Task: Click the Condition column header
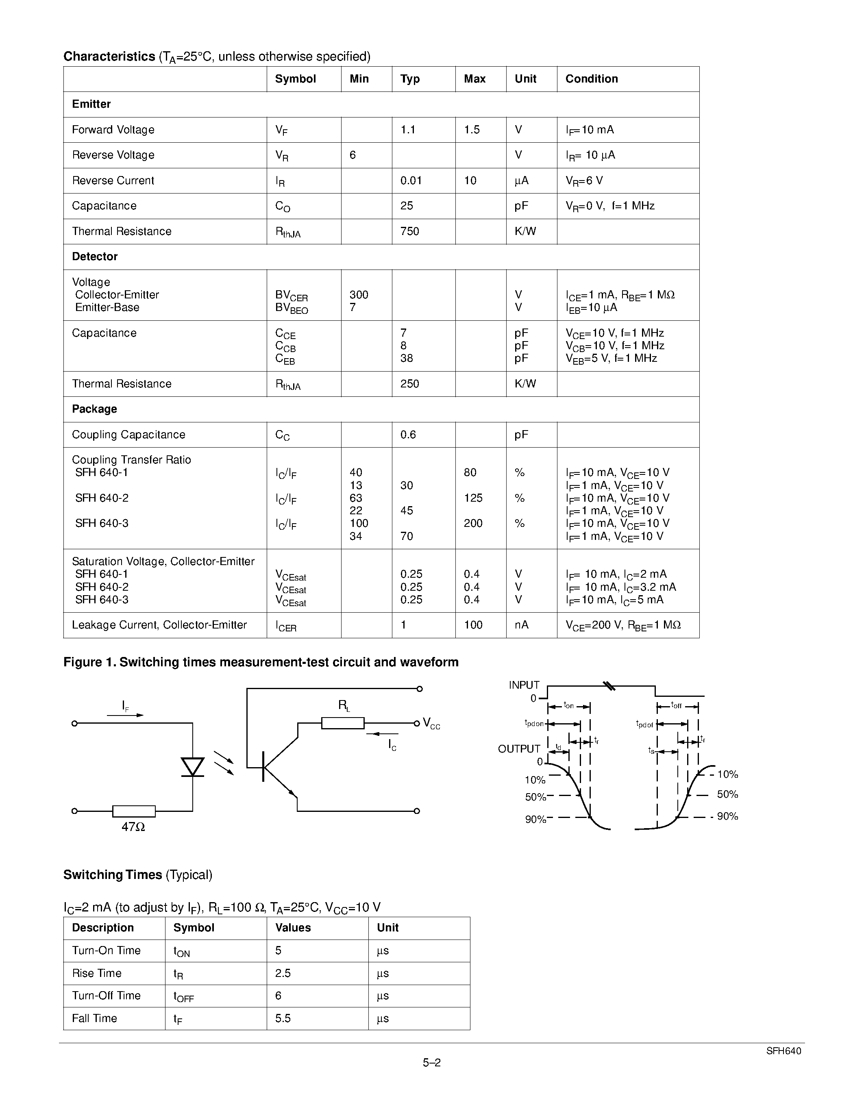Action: pyautogui.click(x=591, y=79)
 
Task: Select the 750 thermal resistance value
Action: pyautogui.click(x=409, y=231)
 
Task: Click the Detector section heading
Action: pyautogui.click(x=95, y=257)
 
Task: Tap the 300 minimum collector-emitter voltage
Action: pyautogui.click(x=359, y=295)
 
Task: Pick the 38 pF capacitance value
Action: pyautogui.click(x=407, y=358)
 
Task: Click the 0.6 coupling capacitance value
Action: pyautogui.click(x=408, y=435)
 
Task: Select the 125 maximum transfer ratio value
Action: pyautogui.click(x=473, y=498)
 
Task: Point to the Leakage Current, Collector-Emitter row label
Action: pyautogui.click(x=159, y=625)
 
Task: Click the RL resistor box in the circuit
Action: pyautogui.click(x=342, y=723)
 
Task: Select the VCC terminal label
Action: pyautogui.click(x=431, y=723)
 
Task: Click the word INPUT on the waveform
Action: pyautogui.click(x=524, y=685)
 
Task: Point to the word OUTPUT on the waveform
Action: pyautogui.click(x=519, y=749)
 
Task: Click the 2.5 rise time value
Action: pyautogui.click(x=283, y=973)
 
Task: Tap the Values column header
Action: pyautogui.click(x=293, y=928)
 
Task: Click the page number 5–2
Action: pyautogui.click(x=431, y=1063)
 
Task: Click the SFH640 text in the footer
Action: pyautogui.click(x=783, y=1051)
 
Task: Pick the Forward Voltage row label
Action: pyautogui.click(x=113, y=130)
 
